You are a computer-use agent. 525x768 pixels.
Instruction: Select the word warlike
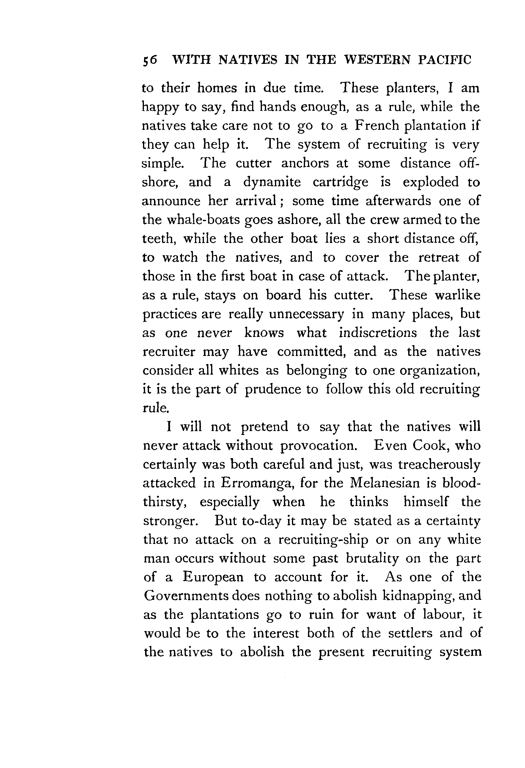coord(458,295)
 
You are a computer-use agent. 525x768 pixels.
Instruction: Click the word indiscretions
coord(378,333)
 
